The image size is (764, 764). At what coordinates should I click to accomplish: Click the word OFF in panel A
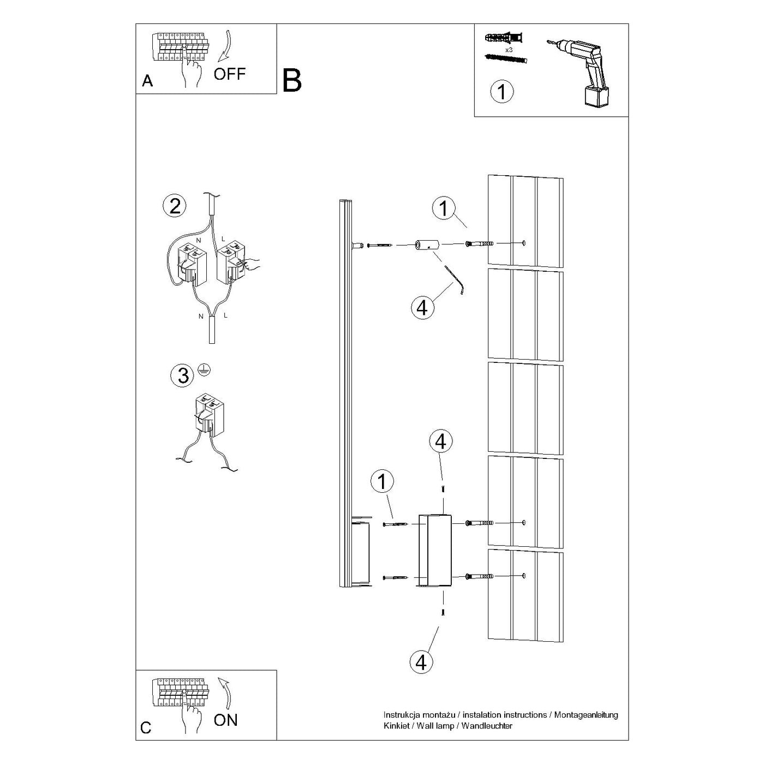tap(230, 74)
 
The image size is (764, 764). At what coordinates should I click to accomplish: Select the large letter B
tap(292, 81)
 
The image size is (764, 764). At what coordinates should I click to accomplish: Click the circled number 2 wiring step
tap(175, 206)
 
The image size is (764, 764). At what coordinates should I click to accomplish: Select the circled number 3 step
tap(182, 375)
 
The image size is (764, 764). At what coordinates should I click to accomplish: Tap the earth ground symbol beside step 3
tap(205, 371)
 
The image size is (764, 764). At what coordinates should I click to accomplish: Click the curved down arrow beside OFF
tap(225, 47)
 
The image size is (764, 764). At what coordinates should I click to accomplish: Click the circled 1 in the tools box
tap(502, 92)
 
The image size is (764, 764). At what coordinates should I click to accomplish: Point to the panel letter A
tap(147, 81)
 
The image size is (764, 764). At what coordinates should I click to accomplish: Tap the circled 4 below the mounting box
tap(421, 662)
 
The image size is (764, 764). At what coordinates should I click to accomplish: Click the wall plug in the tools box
tap(503, 39)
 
